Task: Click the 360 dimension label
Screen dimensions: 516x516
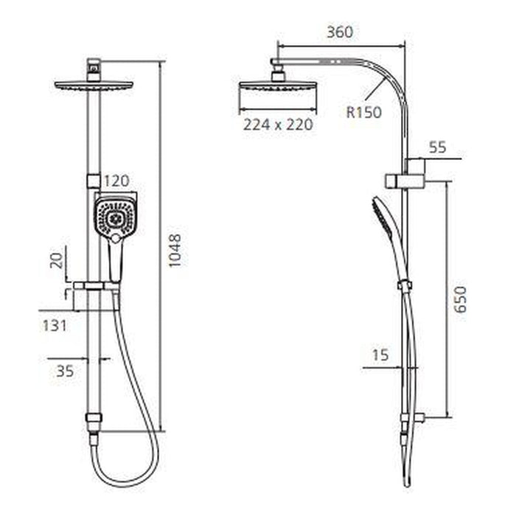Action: pyautogui.click(x=340, y=32)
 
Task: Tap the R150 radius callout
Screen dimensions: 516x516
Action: pyautogui.click(x=364, y=112)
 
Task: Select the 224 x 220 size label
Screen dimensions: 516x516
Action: pyautogui.click(x=278, y=125)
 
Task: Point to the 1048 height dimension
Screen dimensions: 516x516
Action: pyautogui.click(x=175, y=251)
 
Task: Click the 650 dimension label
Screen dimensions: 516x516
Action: pyautogui.click(x=460, y=299)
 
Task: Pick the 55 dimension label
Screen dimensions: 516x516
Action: pyautogui.click(x=438, y=147)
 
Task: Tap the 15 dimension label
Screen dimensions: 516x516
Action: pyautogui.click(x=380, y=355)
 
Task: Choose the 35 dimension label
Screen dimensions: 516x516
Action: pyautogui.click(x=65, y=372)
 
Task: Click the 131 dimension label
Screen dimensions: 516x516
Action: pyautogui.click(x=55, y=326)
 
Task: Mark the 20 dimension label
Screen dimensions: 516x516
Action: pyautogui.click(x=57, y=261)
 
